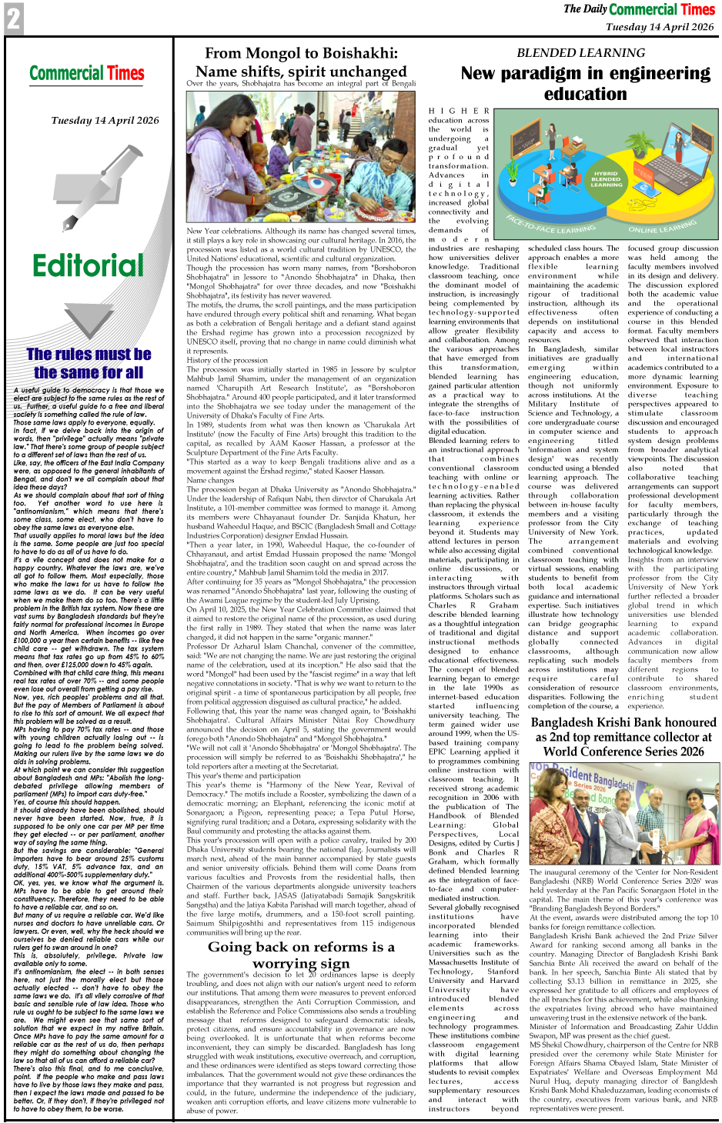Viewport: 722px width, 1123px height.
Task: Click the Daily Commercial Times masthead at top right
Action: pos(639,9)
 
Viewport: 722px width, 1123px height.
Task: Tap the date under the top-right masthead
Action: pos(659,27)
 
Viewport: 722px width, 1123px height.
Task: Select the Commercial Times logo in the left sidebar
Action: pos(87,74)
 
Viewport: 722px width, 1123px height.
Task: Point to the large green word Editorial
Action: pos(89,266)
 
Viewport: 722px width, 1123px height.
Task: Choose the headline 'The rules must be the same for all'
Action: pos(89,363)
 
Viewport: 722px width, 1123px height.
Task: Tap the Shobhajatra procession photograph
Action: pos(300,157)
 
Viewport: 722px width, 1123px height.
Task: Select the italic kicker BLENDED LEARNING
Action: pos(581,53)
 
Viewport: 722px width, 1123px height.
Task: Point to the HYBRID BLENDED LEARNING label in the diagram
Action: pos(606,179)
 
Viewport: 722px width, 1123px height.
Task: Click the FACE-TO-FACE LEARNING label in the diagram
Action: pos(550,225)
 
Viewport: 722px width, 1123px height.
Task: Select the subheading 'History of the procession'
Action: pos(227,360)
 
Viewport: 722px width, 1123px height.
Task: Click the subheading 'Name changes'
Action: pos(210,480)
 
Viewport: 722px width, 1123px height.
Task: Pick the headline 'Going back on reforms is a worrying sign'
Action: pos(300,955)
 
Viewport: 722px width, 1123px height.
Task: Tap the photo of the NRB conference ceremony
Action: pos(623,813)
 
